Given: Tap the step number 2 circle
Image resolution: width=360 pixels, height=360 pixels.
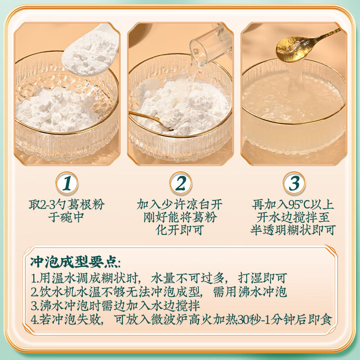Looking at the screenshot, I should pos(180,184).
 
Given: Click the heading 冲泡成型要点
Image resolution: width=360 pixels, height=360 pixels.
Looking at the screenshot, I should pos(75,261).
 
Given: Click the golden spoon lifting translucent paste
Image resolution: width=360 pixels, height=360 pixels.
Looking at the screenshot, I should pos(289,45).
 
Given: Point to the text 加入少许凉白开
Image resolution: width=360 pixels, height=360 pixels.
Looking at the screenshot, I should pos(180,205).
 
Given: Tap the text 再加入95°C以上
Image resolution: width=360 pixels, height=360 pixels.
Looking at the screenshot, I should pos(293,205).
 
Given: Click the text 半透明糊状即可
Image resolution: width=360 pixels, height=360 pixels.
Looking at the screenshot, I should pos(293,230).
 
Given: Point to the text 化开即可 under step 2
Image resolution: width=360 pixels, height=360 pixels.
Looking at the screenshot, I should pos(180,230).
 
